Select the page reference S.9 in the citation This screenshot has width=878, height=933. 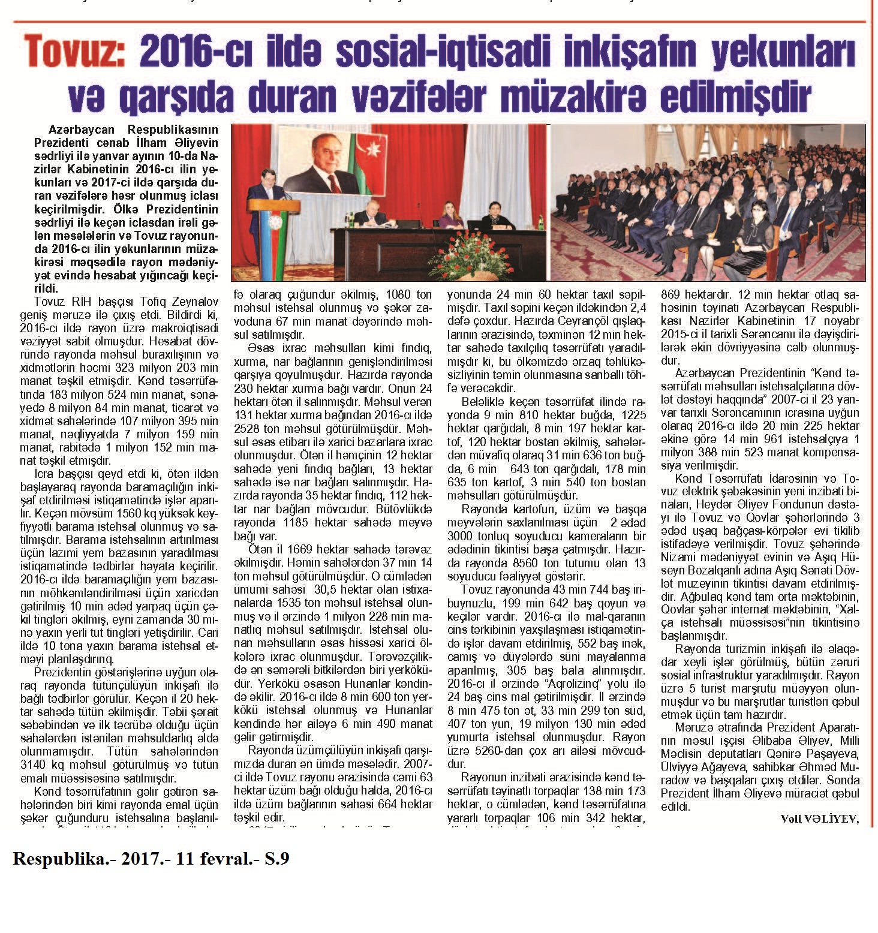277,859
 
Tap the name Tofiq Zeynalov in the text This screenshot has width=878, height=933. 172,300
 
